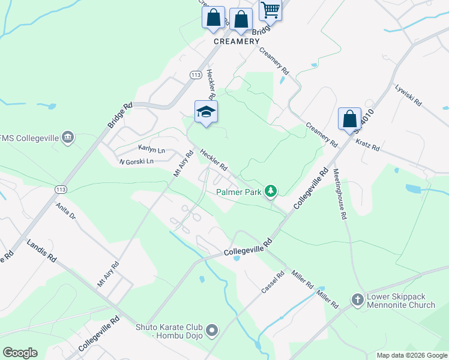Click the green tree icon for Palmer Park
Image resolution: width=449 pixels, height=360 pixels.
(271, 191)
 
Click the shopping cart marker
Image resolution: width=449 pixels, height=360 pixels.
(271, 9)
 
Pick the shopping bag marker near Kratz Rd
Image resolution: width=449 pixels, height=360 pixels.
(349, 119)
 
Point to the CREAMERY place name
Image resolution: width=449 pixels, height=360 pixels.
(237, 41)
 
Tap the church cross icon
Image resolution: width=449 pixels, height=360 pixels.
(357, 299)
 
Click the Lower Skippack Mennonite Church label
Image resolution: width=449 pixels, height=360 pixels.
(401, 301)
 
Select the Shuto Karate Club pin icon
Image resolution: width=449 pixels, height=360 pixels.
(211, 329)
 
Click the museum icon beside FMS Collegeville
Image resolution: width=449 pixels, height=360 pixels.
(68, 138)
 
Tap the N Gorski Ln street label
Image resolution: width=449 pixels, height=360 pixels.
(136, 161)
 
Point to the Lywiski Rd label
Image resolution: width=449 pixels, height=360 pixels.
(409, 95)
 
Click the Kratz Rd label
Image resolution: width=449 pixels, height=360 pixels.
(368, 145)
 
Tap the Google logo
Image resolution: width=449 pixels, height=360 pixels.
(20, 353)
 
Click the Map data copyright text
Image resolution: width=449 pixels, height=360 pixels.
(411, 355)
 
